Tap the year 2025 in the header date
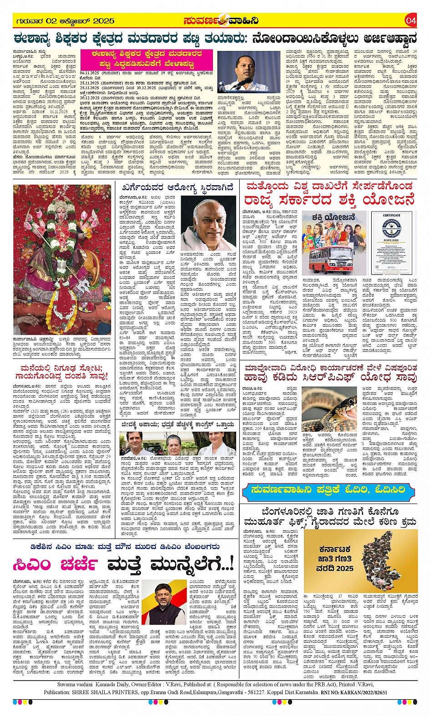point(104,21)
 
